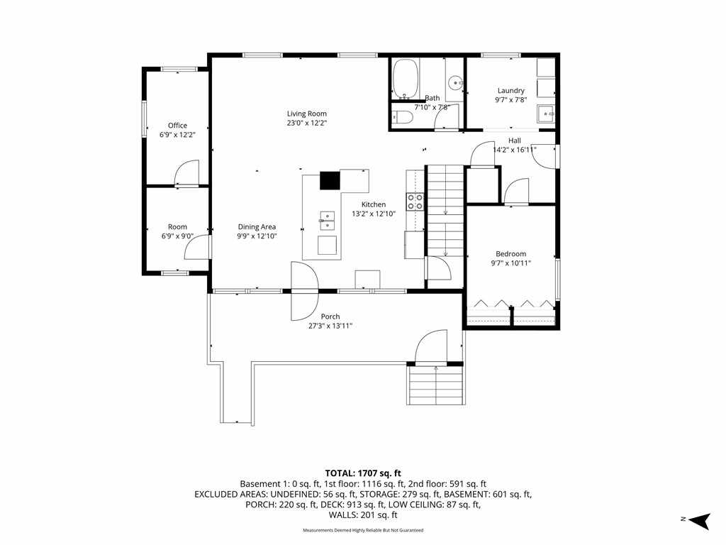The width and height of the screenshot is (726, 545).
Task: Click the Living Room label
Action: tap(306, 114)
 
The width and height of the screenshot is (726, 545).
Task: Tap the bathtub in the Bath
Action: tap(406, 79)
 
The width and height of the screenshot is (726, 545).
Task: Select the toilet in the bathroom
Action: tap(402, 118)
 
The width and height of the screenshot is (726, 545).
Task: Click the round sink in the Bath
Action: tap(456, 84)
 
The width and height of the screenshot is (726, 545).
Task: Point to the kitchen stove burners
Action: tap(415, 202)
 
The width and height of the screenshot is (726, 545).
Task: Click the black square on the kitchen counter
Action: tap(330, 180)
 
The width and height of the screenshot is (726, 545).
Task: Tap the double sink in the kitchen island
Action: tap(328, 221)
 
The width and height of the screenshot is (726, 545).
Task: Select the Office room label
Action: tap(177, 126)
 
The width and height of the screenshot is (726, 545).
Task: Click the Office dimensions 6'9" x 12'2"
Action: tap(177, 135)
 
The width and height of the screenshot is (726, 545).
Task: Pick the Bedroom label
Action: tap(510, 254)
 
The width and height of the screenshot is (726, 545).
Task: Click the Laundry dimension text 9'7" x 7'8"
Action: tap(510, 99)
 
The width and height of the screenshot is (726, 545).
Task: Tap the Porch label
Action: tap(330, 316)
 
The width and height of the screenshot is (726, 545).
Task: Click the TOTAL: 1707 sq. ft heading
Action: tap(363, 473)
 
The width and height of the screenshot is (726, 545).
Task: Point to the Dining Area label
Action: tap(257, 226)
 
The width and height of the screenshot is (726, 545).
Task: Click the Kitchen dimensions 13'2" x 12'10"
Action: tap(374, 214)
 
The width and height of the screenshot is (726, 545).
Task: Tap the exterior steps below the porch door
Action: tap(436, 385)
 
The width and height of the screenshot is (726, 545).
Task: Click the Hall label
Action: tap(515, 141)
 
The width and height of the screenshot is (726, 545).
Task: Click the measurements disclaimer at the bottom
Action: tap(363, 530)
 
